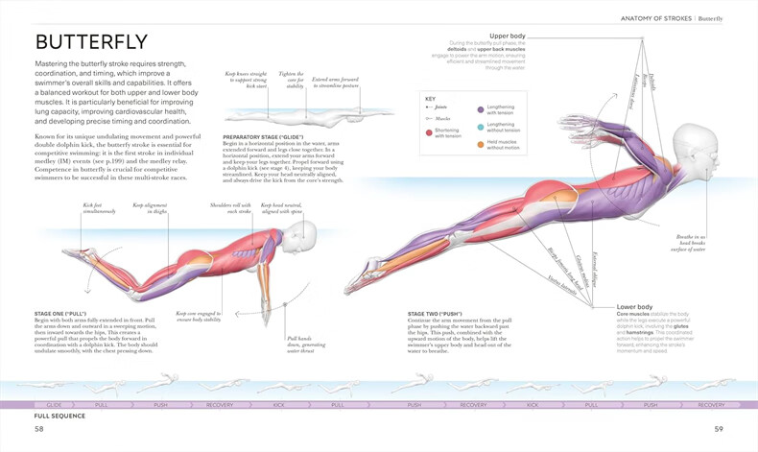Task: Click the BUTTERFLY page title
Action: [92, 41]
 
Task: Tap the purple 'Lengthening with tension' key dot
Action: [480, 109]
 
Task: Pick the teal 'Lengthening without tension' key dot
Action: [480, 127]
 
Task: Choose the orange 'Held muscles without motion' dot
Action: [480, 145]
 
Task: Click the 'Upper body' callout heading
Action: [507, 36]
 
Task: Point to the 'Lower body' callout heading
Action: [635, 306]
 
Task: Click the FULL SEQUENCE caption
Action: [59, 416]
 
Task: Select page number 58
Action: [39, 429]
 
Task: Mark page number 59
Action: [718, 429]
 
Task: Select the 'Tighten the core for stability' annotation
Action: [291, 80]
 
